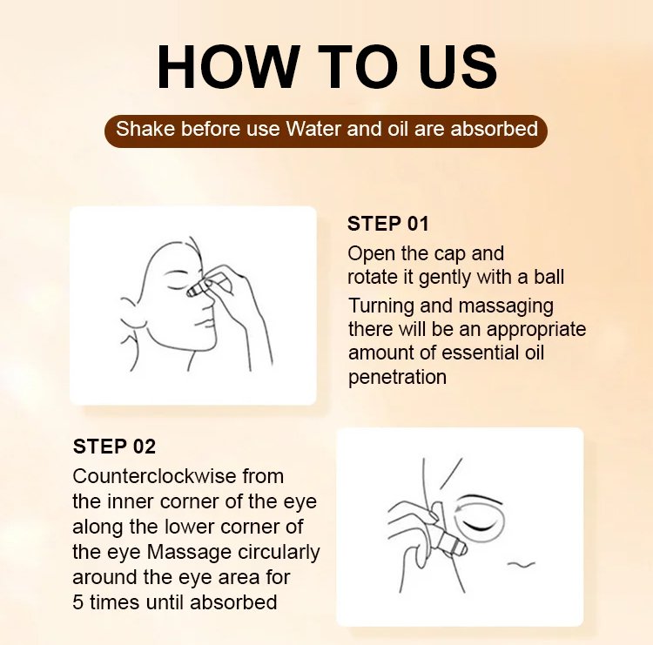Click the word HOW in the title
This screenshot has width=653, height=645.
click(229, 67)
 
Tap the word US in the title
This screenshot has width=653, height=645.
click(457, 67)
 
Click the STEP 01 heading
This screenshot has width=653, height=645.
click(387, 224)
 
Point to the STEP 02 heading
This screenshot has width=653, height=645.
click(114, 447)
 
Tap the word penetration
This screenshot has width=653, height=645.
click(397, 377)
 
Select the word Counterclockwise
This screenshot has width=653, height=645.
click(154, 476)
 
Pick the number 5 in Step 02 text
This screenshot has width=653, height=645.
click(77, 602)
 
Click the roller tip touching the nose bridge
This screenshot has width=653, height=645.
click(192, 291)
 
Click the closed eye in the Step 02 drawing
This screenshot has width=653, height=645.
click(479, 525)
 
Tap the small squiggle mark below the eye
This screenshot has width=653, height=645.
click(521, 565)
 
